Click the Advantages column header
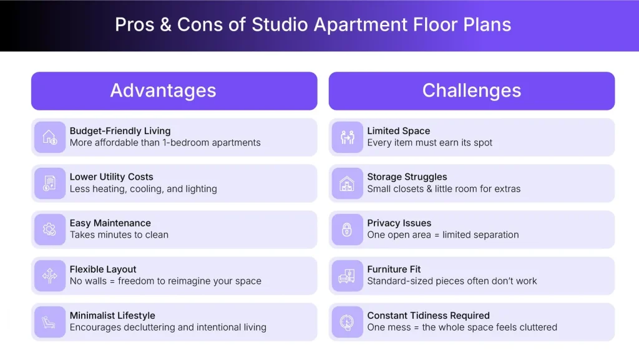(x=163, y=91)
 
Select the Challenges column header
(x=471, y=91)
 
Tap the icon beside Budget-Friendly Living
(x=50, y=137)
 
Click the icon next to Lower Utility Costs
(x=50, y=183)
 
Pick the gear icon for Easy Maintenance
(x=50, y=230)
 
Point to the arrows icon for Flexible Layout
(x=50, y=276)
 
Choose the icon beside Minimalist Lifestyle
(x=50, y=322)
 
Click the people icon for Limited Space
(x=347, y=137)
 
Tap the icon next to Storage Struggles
(x=347, y=183)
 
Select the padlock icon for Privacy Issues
(x=347, y=230)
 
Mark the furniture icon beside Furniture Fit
(x=347, y=276)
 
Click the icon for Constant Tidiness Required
(x=347, y=322)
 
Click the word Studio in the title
(x=280, y=25)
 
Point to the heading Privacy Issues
(x=399, y=223)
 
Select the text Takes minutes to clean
(x=119, y=235)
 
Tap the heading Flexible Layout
(x=103, y=270)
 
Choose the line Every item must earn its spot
(x=429, y=143)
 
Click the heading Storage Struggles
(x=407, y=177)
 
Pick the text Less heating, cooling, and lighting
(x=143, y=189)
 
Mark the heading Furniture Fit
(x=394, y=270)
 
